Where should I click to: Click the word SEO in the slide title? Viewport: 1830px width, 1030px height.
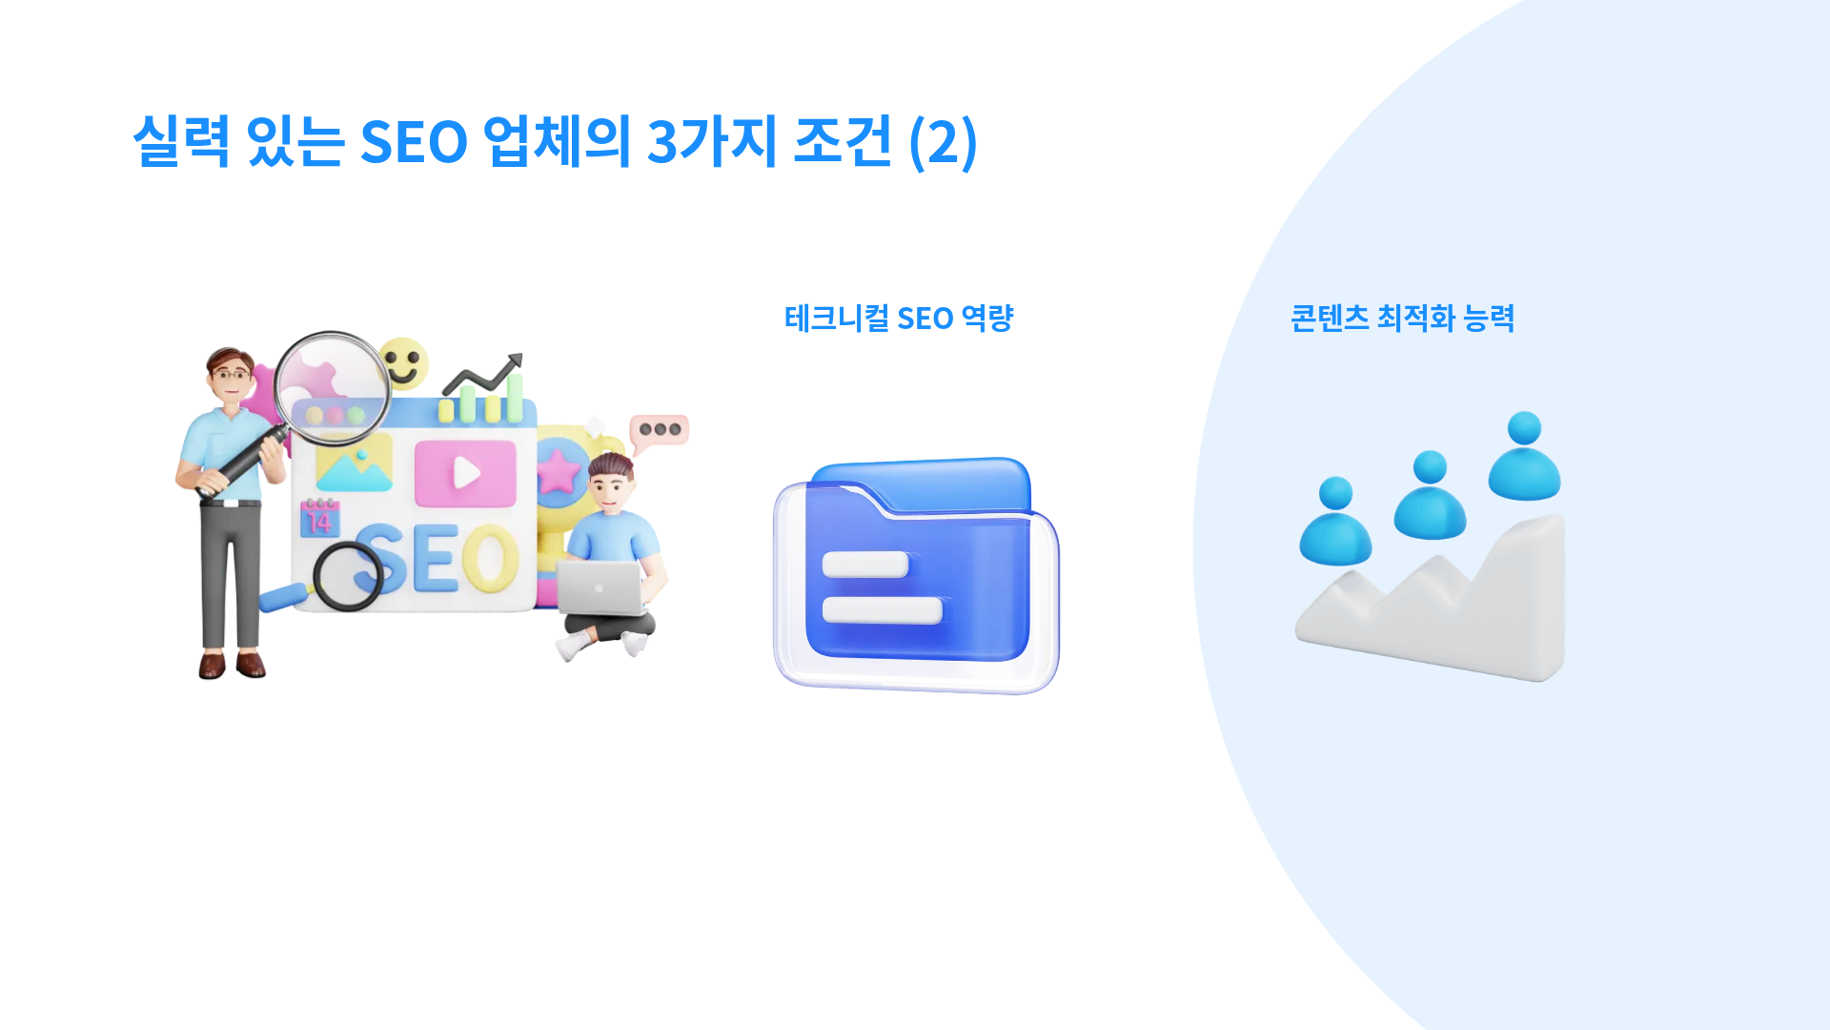414,142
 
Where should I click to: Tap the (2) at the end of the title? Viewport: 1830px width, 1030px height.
943,142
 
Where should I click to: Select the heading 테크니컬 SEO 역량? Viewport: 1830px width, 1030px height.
899,318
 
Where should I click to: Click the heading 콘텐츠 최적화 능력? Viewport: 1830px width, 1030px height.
1402,318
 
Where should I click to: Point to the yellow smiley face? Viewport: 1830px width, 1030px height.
402,362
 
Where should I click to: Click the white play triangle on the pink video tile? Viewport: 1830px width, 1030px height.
466,472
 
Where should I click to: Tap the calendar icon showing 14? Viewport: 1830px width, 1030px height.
319,518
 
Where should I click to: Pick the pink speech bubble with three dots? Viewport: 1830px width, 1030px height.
659,431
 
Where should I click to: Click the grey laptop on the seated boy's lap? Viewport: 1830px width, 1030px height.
600,587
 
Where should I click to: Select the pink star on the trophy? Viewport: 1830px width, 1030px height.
559,471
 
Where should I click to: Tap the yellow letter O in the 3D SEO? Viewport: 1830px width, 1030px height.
491,558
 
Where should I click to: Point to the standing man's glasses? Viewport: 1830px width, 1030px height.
232,374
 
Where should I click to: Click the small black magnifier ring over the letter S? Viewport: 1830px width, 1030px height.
348,576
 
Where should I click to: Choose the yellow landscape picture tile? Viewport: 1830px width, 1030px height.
354,463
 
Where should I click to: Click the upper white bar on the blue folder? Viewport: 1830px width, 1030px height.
865,565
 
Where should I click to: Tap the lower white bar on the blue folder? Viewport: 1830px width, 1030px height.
882,610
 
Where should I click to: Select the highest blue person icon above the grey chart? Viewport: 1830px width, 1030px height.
1524,456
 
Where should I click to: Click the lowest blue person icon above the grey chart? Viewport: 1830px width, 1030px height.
1335,521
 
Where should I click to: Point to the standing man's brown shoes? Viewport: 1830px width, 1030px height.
232,664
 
